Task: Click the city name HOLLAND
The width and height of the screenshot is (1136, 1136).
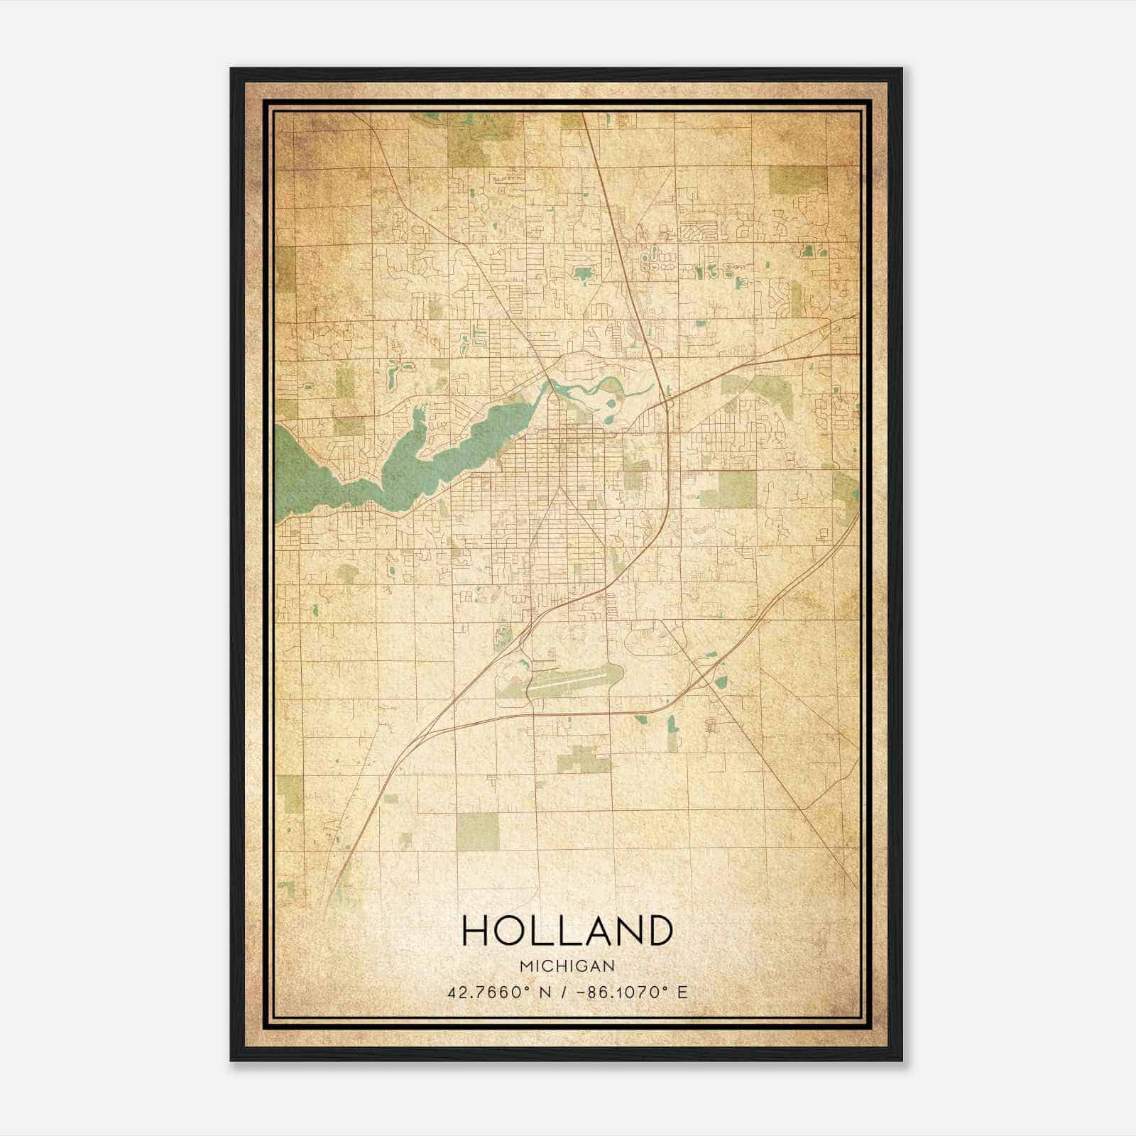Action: pos(567,931)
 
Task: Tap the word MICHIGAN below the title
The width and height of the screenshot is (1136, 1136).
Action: pos(567,966)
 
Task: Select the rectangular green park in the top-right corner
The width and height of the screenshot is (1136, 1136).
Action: pos(798,180)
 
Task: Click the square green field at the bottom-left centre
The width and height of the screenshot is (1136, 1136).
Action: pos(477,831)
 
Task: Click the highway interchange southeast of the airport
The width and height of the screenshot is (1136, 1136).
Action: pos(703,675)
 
